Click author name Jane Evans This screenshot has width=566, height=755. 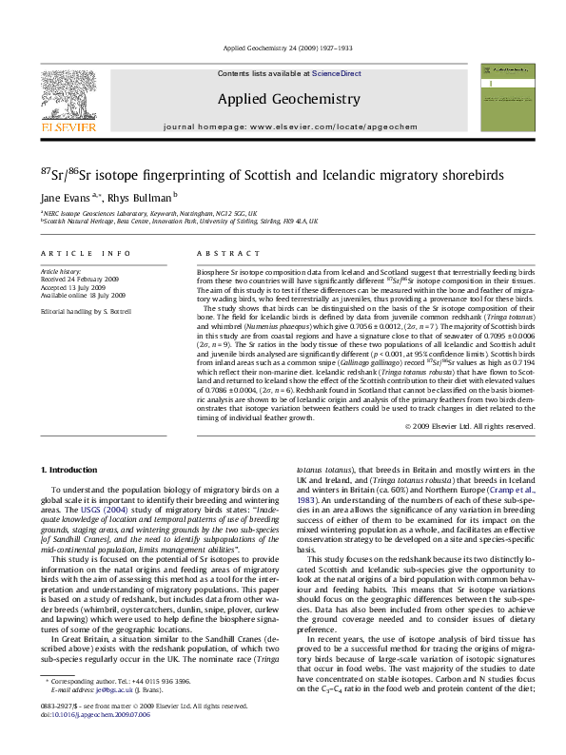pos(63,196)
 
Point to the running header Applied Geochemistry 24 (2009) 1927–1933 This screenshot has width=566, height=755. pos(282,48)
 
